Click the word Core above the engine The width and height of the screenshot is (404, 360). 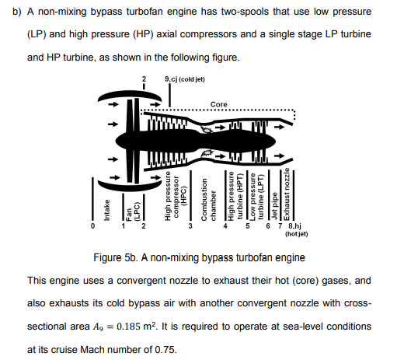(x=218, y=104)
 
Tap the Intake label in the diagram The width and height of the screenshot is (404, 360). (x=106, y=210)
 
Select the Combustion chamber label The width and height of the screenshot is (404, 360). (x=208, y=199)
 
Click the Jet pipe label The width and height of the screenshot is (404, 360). (x=274, y=207)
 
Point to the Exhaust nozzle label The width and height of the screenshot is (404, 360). (x=287, y=194)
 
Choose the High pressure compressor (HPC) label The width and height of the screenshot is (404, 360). (x=176, y=196)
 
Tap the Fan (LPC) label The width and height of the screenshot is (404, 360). (x=133, y=211)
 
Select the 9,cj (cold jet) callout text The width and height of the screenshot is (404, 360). (x=185, y=79)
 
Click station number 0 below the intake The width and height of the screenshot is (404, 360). (x=92, y=226)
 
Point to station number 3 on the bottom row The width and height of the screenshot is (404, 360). (x=190, y=226)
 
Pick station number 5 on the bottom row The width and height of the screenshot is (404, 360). (x=248, y=226)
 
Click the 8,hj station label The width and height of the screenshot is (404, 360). (x=294, y=226)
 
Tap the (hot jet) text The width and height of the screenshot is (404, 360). (x=297, y=234)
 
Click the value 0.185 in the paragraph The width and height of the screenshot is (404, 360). (x=128, y=327)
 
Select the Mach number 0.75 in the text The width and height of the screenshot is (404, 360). (x=165, y=350)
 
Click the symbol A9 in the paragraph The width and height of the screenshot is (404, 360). (x=98, y=327)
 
